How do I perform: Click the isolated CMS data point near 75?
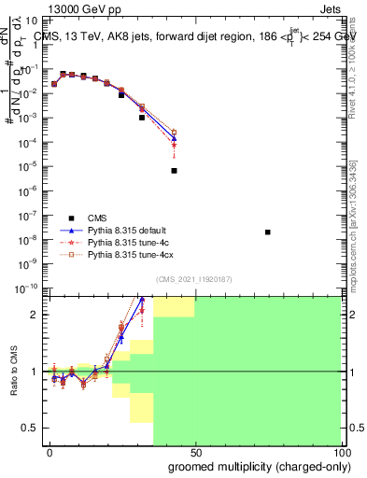268,232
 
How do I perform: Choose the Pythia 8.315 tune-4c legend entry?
130,240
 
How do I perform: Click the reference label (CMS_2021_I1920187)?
194,278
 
